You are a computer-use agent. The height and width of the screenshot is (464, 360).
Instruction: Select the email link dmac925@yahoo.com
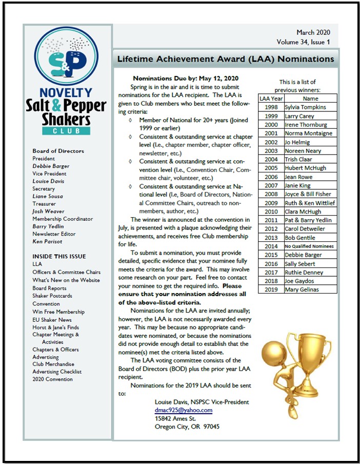[184, 410]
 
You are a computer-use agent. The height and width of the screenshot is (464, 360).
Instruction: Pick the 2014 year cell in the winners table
[270, 246]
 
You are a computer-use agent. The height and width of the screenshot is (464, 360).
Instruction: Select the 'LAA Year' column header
[270, 98]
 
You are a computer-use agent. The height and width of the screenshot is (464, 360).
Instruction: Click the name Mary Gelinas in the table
[302, 289]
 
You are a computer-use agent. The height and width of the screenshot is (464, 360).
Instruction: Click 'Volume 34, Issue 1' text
[304, 42]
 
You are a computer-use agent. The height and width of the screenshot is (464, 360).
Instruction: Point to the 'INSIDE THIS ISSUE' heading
[59, 256]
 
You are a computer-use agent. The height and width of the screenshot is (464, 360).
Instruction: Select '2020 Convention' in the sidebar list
[52, 379]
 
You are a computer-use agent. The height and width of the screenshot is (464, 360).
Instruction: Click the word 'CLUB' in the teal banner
[69, 131]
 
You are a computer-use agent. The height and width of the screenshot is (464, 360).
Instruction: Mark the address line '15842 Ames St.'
[176, 418]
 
